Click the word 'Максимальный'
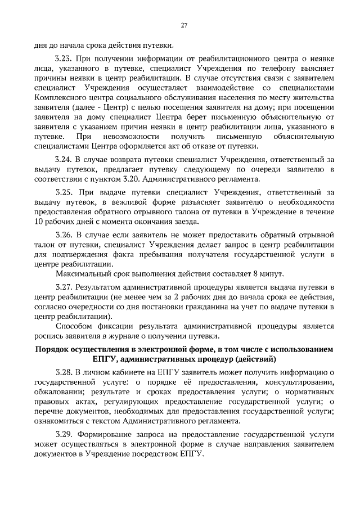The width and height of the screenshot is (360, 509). point(84,274)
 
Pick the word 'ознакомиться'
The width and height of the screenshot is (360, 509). point(60,421)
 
